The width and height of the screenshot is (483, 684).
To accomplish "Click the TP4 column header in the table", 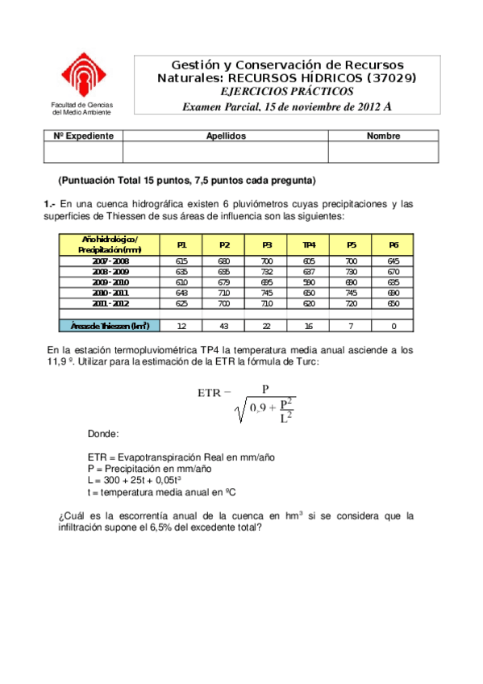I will [309, 244].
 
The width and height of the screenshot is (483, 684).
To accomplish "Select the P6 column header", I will [393, 244].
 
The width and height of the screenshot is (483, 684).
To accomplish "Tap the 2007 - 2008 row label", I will [110, 261].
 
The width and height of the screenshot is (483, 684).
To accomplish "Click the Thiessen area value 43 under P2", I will [224, 325].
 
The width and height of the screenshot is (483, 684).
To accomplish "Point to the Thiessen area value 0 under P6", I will [393, 325].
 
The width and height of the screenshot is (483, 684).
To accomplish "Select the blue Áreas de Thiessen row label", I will [110, 325].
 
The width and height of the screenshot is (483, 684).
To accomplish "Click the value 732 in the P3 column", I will [267, 272].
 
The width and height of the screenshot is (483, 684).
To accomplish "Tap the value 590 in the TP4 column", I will [309, 282].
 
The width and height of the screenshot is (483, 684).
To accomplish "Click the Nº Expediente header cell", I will [83, 136].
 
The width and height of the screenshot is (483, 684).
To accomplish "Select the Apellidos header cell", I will [226, 136].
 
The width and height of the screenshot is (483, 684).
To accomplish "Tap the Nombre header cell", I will [383, 136].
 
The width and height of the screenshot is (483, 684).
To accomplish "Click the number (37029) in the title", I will [392, 77].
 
